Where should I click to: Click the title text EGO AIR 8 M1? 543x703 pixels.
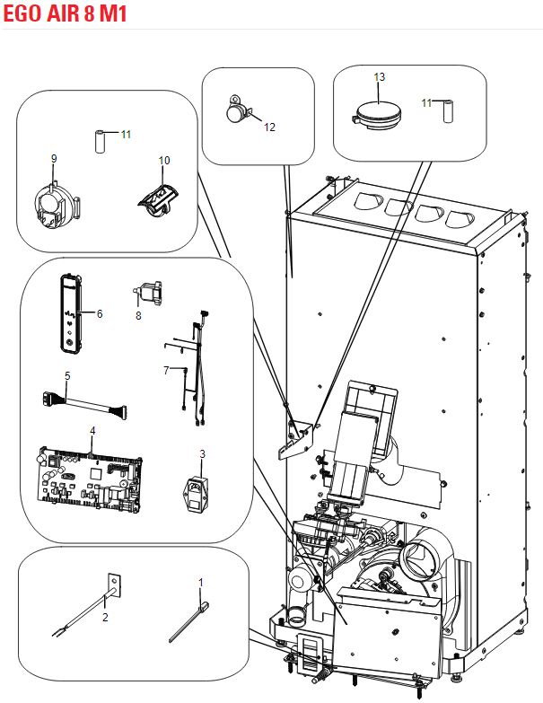click(62, 13)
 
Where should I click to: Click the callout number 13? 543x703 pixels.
click(379, 78)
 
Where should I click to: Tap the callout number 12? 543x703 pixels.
click(269, 127)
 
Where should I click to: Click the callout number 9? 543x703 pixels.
click(54, 158)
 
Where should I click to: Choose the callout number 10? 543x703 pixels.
click(164, 160)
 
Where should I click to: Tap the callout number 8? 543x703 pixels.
click(138, 315)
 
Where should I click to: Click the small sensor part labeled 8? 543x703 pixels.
click(148, 291)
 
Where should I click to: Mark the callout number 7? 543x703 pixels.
click(165, 370)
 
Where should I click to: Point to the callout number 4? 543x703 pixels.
click(92, 431)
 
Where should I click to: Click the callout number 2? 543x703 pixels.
click(105, 618)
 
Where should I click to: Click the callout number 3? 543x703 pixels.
click(203, 454)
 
